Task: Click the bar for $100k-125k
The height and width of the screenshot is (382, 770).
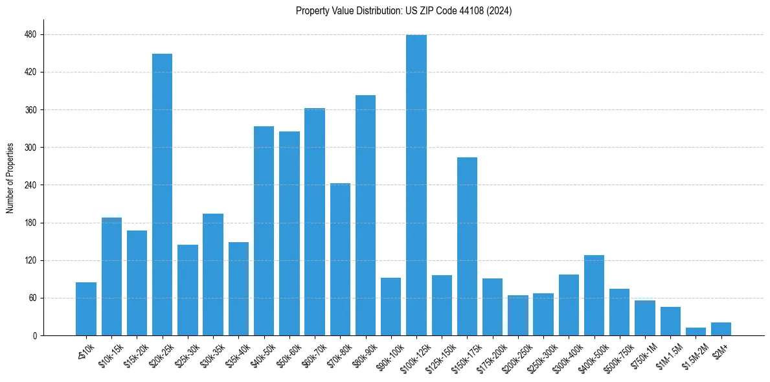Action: (416, 185)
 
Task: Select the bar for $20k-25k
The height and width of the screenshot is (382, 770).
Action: (162, 194)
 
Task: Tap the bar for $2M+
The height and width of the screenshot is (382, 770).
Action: (721, 329)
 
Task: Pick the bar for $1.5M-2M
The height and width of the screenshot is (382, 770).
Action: (696, 331)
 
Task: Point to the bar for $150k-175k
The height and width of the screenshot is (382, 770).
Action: (467, 246)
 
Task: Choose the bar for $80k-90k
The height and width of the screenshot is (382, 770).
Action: (365, 215)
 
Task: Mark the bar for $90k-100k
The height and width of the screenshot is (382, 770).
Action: (391, 306)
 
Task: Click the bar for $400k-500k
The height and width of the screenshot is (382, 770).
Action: (594, 295)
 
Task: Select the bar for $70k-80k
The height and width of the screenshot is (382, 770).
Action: (340, 259)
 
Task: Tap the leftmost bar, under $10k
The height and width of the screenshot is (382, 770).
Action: (86, 309)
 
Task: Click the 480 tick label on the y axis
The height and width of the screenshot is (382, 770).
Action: (30, 34)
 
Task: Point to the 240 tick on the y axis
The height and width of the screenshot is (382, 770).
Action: (30, 185)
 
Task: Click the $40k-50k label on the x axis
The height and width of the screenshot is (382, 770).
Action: (262, 352)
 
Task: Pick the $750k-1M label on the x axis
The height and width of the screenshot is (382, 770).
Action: (642, 354)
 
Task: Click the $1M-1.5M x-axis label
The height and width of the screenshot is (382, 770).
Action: (668, 354)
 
